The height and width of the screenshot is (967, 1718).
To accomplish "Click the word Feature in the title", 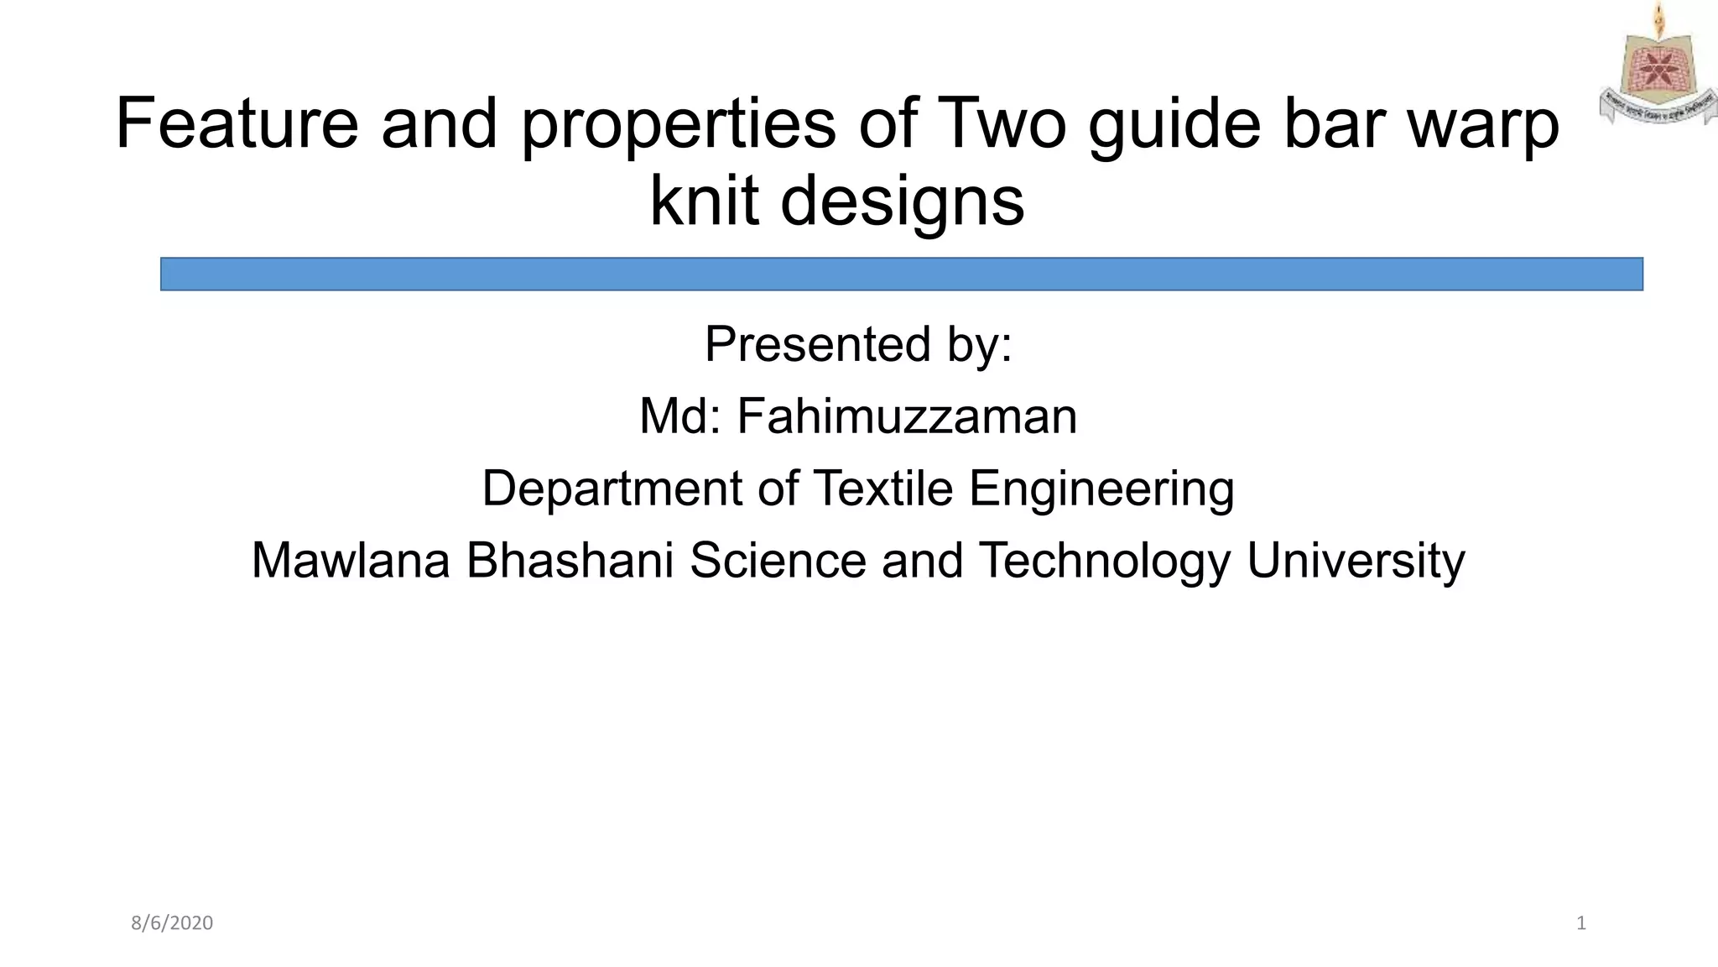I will [x=237, y=123].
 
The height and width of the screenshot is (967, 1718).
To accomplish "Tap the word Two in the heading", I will [x=1003, y=123].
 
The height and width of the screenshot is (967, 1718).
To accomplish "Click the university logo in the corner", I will [x=1658, y=65].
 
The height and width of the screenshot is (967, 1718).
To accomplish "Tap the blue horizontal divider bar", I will [x=901, y=274].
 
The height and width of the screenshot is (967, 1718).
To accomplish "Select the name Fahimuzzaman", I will [x=907, y=416].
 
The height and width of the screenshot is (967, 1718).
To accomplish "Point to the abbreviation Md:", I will [x=679, y=416].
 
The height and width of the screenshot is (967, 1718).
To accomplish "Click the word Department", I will [x=612, y=489].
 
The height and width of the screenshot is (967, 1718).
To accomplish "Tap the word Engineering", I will [x=1101, y=490].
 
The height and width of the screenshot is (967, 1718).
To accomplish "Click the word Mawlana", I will [x=351, y=561].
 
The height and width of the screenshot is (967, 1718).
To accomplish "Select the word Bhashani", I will [x=570, y=561].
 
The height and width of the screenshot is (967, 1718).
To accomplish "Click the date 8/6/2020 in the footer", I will [x=172, y=923].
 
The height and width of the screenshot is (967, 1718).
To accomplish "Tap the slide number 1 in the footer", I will [x=1581, y=923].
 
